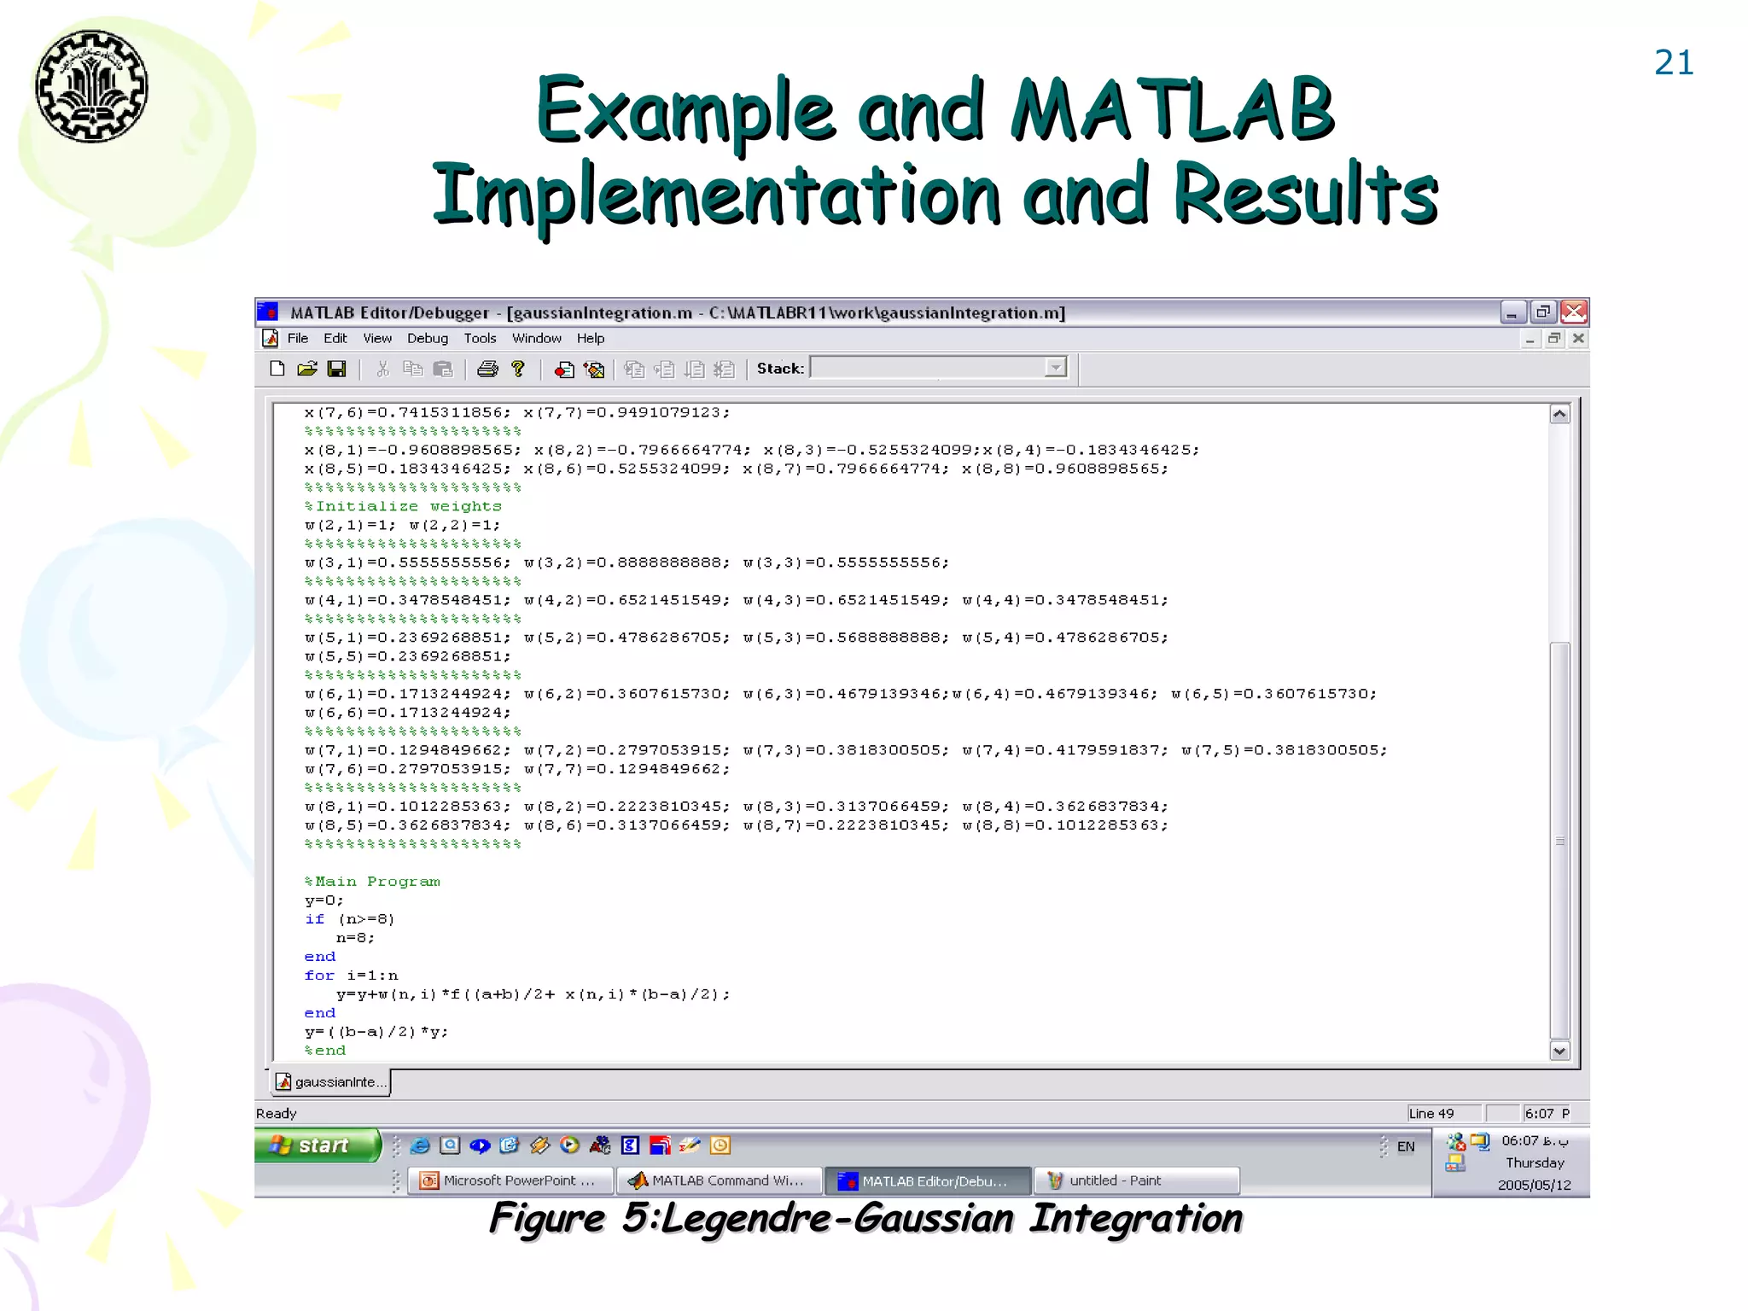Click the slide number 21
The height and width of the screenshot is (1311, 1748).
[1673, 63]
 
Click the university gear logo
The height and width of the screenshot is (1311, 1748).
[91, 86]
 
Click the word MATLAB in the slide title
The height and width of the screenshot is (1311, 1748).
[1171, 111]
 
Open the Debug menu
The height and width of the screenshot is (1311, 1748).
[427, 338]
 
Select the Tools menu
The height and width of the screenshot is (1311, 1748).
[480, 338]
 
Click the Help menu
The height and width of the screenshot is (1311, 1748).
[590, 338]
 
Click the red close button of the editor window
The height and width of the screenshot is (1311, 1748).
[1574, 312]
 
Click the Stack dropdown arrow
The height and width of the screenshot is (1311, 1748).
[1056, 368]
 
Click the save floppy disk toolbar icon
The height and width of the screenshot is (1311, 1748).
[337, 369]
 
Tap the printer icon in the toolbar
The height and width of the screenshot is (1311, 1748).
[487, 369]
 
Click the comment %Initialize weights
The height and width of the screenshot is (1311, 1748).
[403, 506]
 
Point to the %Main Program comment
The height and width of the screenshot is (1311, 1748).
[372, 882]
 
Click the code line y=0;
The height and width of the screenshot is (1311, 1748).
[323, 900]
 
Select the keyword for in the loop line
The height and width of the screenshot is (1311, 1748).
[319, 976]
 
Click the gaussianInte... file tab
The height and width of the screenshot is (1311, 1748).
[331, 1082]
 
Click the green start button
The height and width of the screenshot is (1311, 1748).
[316, 1145]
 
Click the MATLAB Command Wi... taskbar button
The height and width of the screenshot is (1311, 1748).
[718, 1180]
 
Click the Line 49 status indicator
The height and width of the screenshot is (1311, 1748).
[1431, 1113]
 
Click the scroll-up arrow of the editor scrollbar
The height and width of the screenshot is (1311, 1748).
[1559, 415]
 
